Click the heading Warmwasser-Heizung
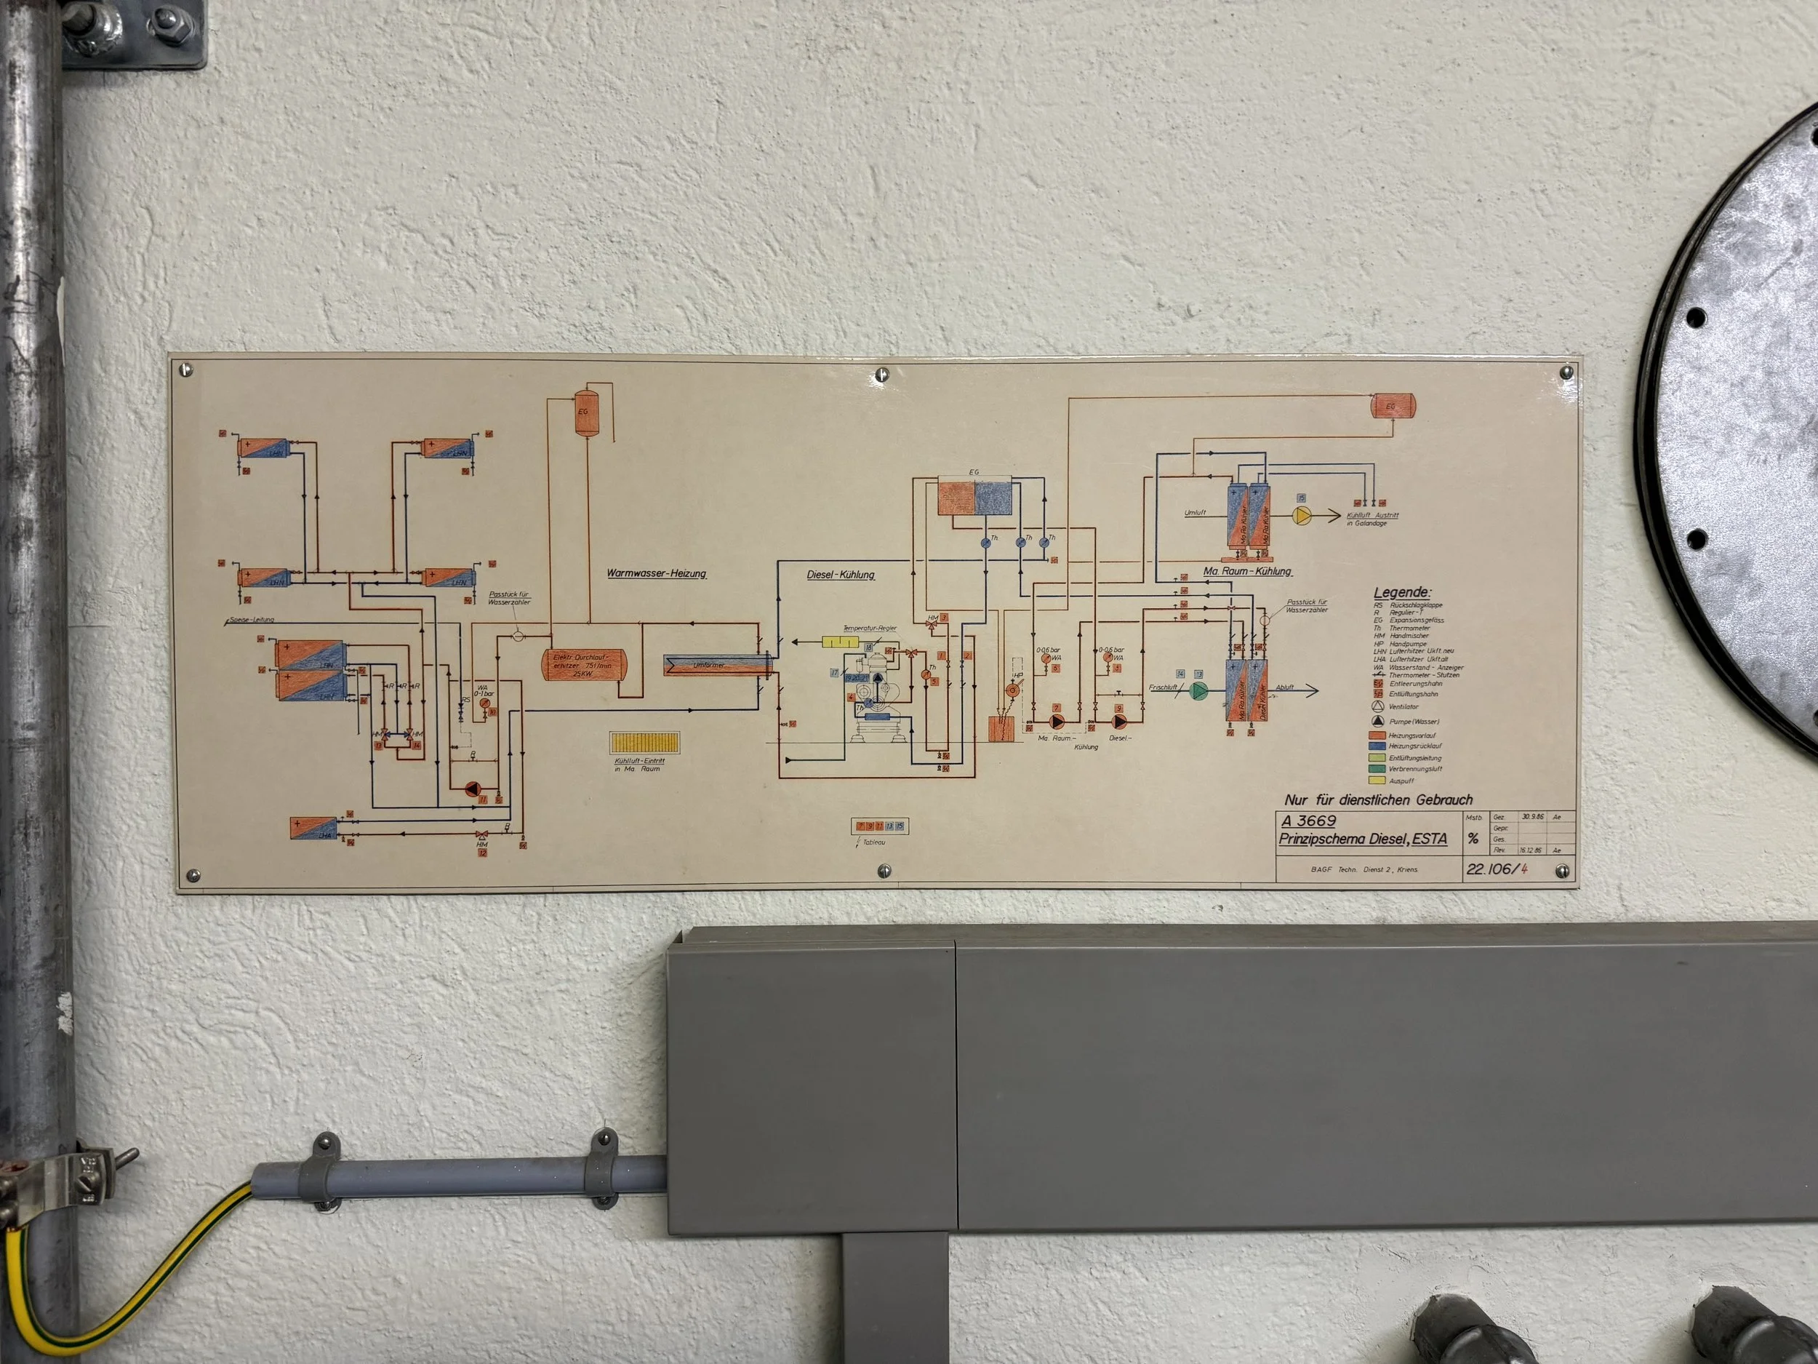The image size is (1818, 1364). click(x=656, y=573)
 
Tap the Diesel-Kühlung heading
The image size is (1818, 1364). click(x=840, y=575)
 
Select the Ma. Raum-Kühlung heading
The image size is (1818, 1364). click(x=1247, y=571)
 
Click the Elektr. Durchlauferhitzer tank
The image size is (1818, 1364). click(x=583, y=664)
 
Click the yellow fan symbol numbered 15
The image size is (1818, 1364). click(x=1302, y=516)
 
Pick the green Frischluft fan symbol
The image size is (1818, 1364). click(x=1198, y=690)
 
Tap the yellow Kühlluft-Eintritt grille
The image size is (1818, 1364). click(x=644, y=743)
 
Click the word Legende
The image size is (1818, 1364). click(x=1402, y=592)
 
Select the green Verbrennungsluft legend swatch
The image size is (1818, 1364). click(x=1377, y=769)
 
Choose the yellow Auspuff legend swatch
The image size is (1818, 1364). click(x=1377, y=781)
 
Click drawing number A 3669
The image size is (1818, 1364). click(x=1308, y=821)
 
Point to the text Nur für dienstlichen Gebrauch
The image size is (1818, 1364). click(x=1378, y=799)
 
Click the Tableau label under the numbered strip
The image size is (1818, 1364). click(x=873, y=842)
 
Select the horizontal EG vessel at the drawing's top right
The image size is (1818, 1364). click(x=1393, y=405)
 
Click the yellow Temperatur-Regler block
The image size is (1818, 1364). click(x=840, y=642)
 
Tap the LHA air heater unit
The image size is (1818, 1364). click(x=314, y=828)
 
